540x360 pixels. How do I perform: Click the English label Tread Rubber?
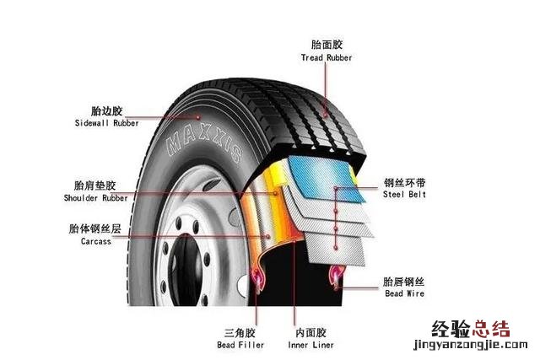[x=327, y=57]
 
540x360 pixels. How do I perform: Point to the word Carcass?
[x=97, y=241]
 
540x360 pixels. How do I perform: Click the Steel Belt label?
[x=405, y=195]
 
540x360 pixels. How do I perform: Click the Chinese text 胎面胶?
[x=327, y=44]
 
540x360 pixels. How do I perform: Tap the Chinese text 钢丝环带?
[x=405, y=181]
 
